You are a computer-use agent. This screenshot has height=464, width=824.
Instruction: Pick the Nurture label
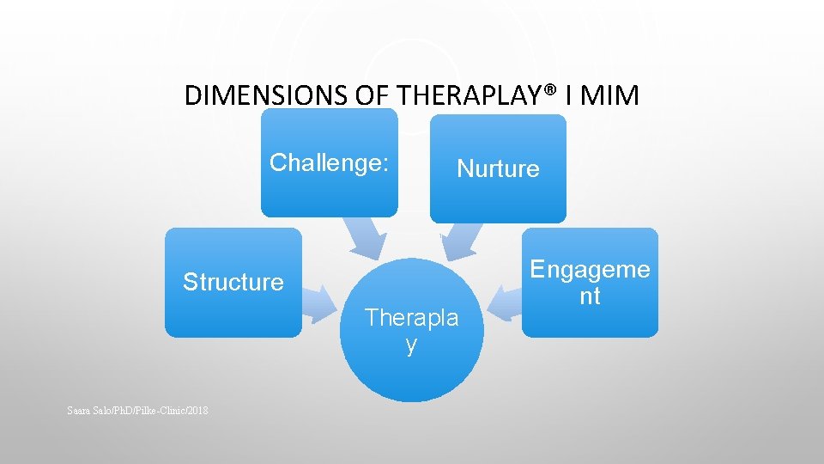498,168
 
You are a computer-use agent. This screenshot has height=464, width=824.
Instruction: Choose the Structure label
233,282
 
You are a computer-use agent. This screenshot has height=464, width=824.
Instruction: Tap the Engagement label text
590,283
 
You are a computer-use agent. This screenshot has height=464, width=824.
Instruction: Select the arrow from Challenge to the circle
365,238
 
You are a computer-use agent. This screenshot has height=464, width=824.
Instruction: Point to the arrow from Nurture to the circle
458,241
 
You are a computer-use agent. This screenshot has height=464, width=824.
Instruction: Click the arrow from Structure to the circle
321,298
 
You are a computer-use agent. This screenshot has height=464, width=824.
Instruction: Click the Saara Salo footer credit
136,411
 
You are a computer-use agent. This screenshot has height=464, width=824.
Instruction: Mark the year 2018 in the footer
197,411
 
